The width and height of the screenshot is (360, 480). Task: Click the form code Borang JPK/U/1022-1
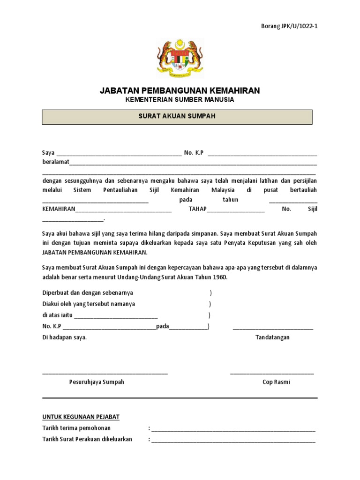(289, 26)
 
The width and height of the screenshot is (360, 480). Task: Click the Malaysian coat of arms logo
(180, 59)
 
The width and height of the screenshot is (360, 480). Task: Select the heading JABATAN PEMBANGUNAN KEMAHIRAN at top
(180, 90)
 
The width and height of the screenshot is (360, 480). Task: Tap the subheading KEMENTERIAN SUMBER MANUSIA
(180, 100)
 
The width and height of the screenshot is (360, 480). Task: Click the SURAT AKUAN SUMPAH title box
(177, 117)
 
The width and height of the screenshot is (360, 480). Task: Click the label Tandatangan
(272, 337)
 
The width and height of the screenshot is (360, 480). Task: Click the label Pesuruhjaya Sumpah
(97, 382)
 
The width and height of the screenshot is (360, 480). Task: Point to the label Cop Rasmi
(276, 382)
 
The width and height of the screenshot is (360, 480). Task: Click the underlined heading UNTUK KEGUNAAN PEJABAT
(81, 417)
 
